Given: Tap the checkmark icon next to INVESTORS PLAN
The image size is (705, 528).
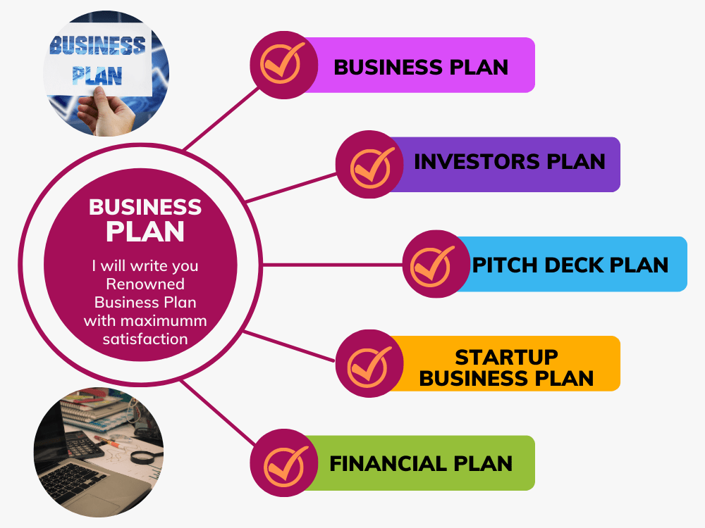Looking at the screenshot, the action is click(x=372, y=167).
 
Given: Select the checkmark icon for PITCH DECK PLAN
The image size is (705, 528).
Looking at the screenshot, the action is click(x=431, y=266).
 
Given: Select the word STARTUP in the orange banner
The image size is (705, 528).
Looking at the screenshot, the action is click(x=507, y=358).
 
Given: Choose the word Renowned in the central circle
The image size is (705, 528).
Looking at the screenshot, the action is click(x=145, y=284).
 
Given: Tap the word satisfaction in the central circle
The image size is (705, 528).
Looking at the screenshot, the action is click(x=145, y=339).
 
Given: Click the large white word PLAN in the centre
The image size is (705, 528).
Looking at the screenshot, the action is click(x=145, y=231).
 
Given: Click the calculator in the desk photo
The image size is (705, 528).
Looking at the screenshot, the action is click(x=81, y=444).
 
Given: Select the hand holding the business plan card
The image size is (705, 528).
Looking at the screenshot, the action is click(x=106, y=111).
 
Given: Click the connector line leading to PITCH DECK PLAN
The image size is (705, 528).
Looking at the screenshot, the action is click(x=333, y=265).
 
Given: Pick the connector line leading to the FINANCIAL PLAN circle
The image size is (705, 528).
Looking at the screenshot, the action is click(x=219, y=413).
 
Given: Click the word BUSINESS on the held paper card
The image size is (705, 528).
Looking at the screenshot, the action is click(x=97, y=46).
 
